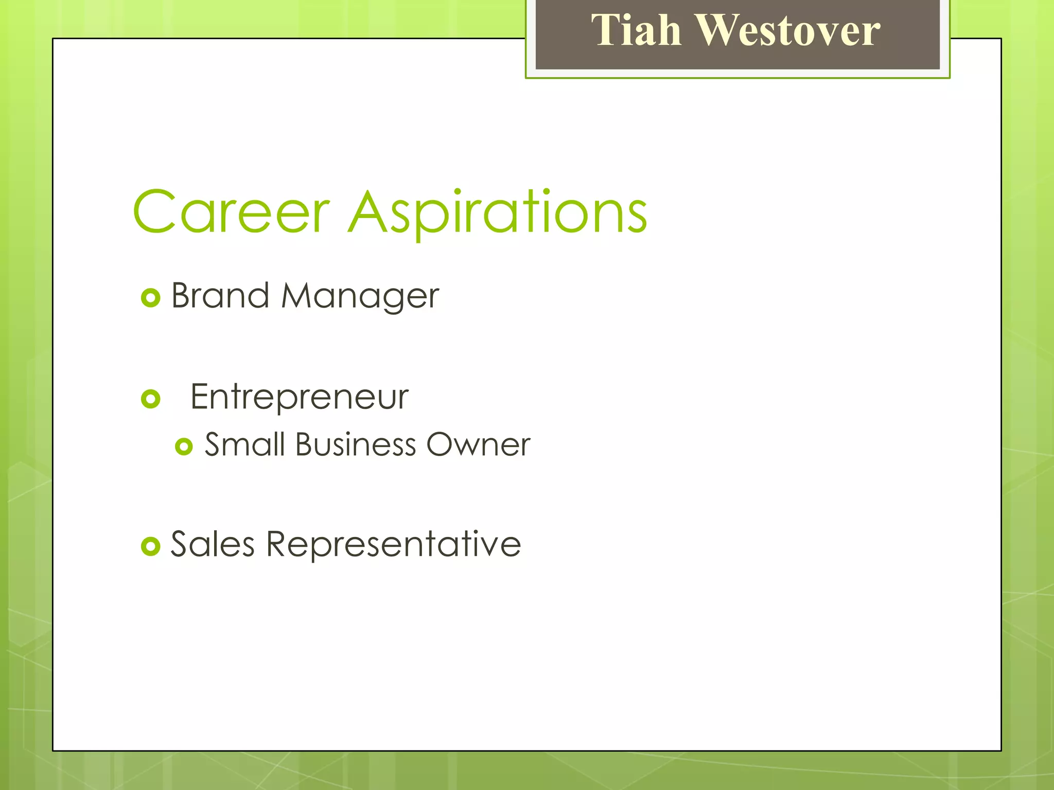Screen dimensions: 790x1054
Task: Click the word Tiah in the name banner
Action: click(636, 30)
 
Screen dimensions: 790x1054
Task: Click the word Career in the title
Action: click(231, 211)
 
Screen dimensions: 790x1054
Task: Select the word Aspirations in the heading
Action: click(498, 212)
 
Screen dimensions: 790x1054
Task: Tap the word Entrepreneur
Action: click(300, 397)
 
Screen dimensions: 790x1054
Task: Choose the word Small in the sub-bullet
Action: click(245, 444)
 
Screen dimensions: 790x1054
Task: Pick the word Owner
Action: click(478, 444)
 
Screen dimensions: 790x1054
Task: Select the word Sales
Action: click(213, 544)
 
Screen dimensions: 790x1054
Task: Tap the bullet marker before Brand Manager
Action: click(150, 298)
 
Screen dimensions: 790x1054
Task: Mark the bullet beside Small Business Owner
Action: click(184, 446)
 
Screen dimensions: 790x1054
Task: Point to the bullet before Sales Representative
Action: click(150, 546)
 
